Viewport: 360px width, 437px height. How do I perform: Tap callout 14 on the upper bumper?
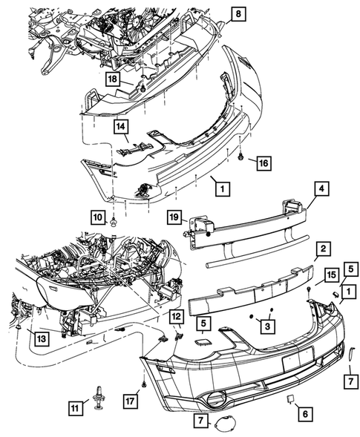click(x=121, y=127)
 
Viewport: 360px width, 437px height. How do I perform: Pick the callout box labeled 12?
click(x=177, y=318)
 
